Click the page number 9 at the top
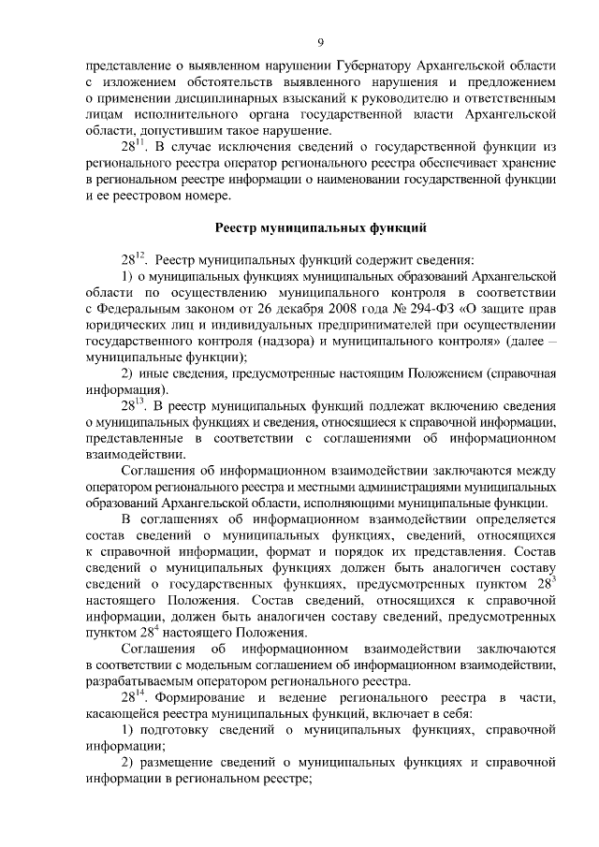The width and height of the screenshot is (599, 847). [x=320, y=41]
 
